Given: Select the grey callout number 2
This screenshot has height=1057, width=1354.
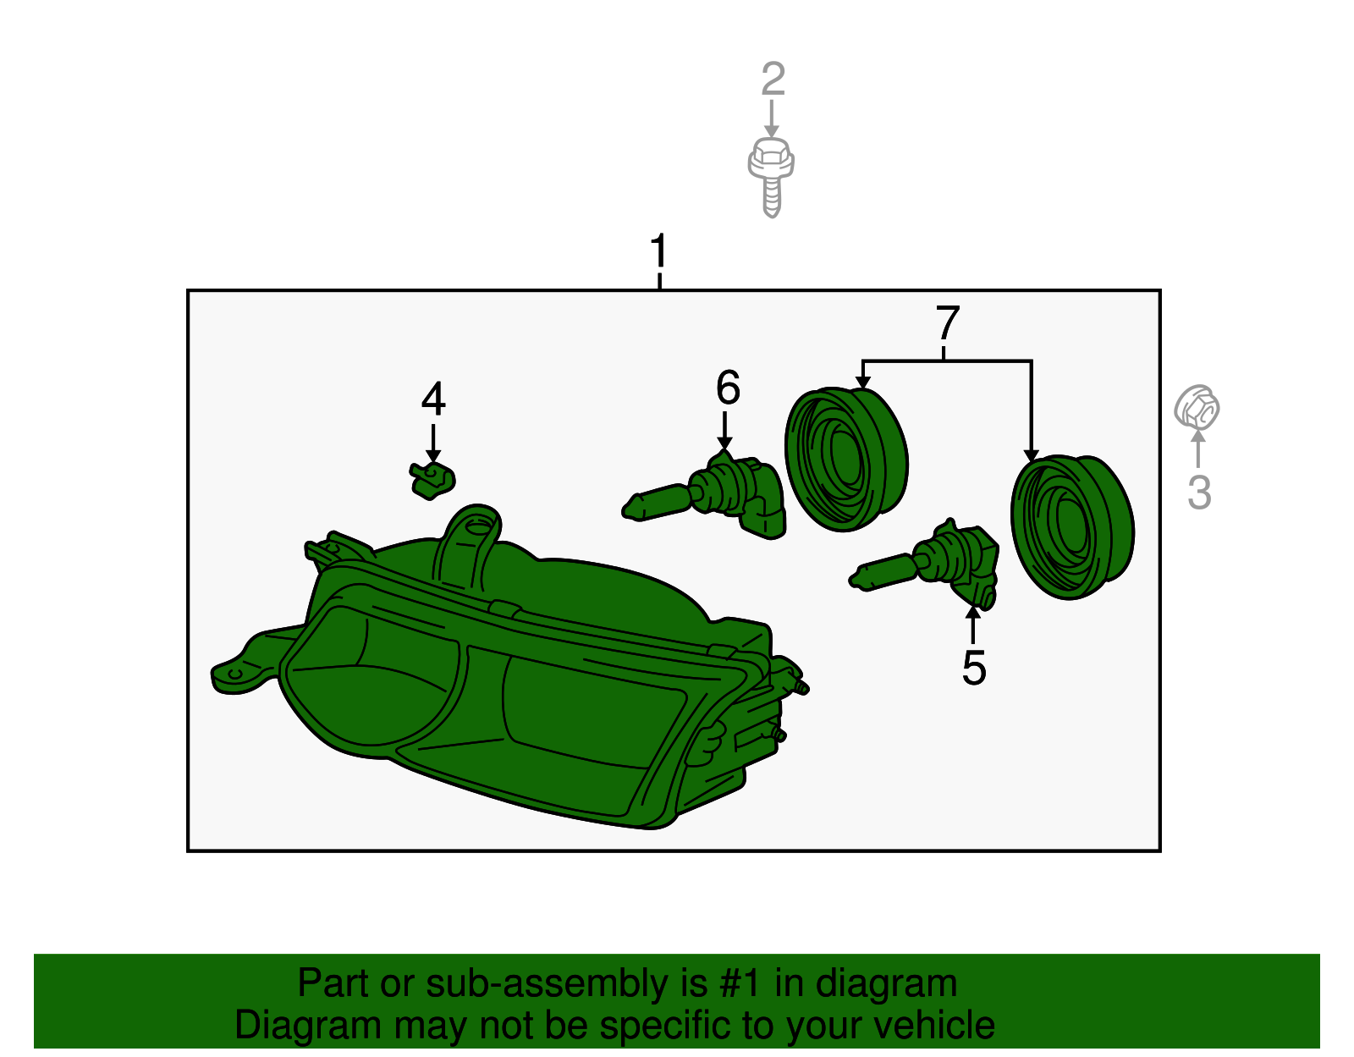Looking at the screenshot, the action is tap(773, 79).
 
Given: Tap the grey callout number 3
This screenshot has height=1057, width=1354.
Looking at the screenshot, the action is tap(1199, 492).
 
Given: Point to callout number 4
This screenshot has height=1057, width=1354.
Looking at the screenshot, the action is tap(433, 398).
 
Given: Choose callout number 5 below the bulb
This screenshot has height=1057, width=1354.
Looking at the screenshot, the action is tap(974, 669).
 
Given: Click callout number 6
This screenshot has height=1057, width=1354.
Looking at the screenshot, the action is tap(728, 387).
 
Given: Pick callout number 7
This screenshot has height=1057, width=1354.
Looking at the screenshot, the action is tap(947, 322).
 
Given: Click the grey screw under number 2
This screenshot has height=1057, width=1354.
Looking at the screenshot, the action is tap(772, 178).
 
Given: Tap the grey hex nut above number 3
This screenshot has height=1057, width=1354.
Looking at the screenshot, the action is tap(1197, 408).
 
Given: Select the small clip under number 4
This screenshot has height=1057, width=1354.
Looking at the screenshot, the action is tap(432, 481).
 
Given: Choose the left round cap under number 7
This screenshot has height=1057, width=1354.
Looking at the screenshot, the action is tap(845, 460).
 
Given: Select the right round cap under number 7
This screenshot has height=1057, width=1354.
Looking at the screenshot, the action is tap(1071, 527).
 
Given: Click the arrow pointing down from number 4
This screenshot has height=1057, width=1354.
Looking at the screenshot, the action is tap(433, 443).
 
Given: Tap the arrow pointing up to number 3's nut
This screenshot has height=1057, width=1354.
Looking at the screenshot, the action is tap(1197, 449).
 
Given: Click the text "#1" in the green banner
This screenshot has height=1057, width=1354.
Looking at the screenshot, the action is tap(740, 983).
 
